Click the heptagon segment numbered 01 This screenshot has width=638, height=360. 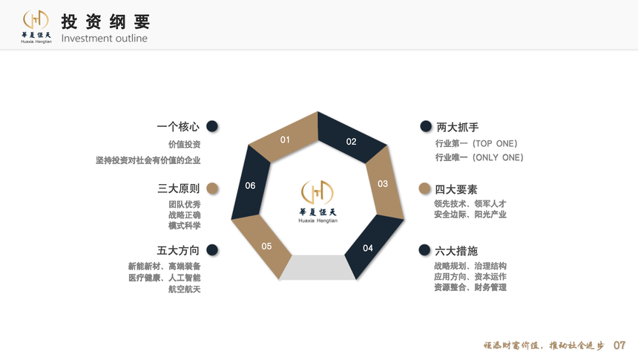(x=285, y=137)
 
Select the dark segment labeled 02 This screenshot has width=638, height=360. (x=351, y=139)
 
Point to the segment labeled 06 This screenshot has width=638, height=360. (x=250, y=184)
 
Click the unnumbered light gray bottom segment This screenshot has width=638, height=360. (x=318, y=267)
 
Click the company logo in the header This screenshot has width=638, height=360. (x=36, y=27)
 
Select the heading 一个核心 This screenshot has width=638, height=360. (x=178, y=127)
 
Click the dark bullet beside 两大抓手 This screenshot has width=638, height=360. (x=426, y=126)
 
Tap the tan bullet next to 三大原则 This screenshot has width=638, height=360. (x=212, y=188)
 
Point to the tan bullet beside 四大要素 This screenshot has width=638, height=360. (x=424, y=188)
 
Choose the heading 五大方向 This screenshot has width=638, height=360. (x=178, y=250)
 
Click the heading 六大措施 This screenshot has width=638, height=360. (x=456, y=251)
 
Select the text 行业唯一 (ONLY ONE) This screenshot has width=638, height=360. (x=479, y=157)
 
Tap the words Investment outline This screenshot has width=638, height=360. (x=104, y=39)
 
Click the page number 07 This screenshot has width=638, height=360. (x=619, y=345)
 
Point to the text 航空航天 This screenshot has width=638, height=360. (x=184, y=289)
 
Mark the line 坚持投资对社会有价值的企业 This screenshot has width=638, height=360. (x=148, y=160)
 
